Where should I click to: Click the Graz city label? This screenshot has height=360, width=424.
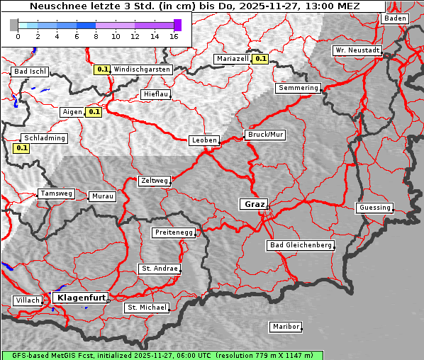[x=253, y=204]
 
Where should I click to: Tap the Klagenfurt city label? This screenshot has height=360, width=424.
[x=81, y=298]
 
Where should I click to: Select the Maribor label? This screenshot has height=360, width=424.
[x=286, y=327]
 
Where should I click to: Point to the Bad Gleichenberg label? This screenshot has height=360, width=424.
[x=300, y=245]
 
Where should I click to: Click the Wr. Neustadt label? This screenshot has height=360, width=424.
[x=357, y=50]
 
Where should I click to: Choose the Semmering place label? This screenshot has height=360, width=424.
[x=298, y=88]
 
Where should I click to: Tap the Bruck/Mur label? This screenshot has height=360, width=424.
[x=264, y=134]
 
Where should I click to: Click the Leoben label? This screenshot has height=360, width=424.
[x=204, y=140]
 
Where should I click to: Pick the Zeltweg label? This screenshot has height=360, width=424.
[x=154, y=181]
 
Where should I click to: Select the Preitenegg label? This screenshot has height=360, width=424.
[x=174, y=232]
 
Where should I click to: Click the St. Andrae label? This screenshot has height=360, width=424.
[x=158, y=269]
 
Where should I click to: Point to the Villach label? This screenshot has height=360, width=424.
[x=27, y=300]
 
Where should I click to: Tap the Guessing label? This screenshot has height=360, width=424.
[x=374, y=208]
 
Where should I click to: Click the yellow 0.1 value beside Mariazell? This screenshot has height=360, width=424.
[x=260, y=59]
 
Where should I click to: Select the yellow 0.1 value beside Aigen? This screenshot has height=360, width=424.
[x=94, y=112]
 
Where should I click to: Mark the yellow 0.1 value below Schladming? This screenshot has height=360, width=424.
[x=21, y=148]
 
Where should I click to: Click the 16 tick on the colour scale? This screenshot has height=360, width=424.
[x=174, y=36]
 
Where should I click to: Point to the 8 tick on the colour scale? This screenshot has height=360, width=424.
[x=96, y=36]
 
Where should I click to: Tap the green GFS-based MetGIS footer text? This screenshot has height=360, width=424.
[x=162, y=355]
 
